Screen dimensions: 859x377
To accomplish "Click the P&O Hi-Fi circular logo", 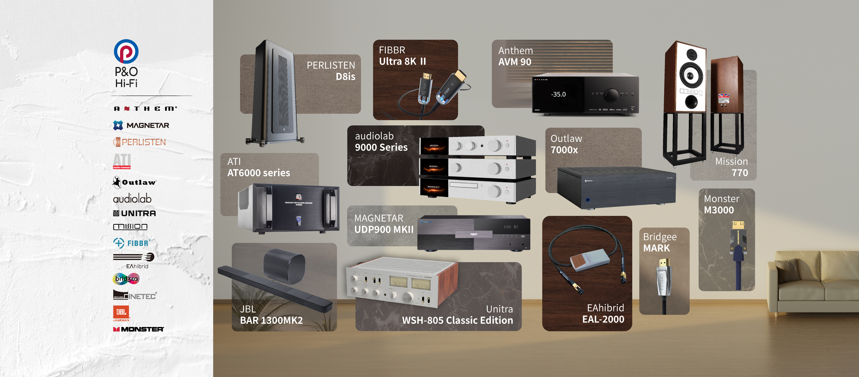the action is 126,51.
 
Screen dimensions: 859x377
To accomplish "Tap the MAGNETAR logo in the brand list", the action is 141,125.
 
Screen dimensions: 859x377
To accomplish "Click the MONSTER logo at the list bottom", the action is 138,329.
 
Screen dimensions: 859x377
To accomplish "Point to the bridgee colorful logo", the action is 126,279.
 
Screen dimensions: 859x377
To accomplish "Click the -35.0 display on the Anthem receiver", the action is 558,94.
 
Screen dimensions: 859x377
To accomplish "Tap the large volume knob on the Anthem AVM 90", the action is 612,95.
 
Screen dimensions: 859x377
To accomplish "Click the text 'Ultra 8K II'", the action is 402,61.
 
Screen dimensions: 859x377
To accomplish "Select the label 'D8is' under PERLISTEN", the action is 345,77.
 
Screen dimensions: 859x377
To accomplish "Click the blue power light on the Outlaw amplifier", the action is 587,200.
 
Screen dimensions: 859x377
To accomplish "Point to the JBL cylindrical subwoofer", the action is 284,266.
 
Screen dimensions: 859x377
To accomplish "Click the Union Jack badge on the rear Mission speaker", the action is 723,97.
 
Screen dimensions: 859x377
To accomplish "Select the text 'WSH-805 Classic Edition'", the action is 457,320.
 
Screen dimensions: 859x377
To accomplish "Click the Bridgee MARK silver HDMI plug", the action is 664,277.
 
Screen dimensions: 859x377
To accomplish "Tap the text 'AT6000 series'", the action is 258,173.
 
